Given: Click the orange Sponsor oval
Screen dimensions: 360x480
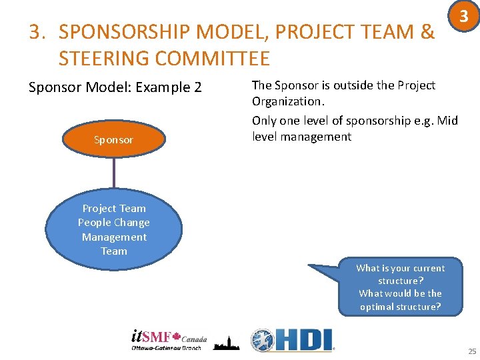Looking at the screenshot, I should point(113,140).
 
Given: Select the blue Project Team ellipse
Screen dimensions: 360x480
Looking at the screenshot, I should point(113,229).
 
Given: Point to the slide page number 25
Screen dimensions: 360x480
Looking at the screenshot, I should point(472,351).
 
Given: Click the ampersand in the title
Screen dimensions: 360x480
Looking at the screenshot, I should point(427,32).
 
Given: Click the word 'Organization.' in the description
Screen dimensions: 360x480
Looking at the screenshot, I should point(286,101).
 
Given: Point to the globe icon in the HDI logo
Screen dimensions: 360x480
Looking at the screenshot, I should point(262,340).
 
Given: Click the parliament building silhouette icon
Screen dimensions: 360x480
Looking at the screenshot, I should point(226,342).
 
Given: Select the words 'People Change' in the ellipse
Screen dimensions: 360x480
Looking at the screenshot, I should point(113,223).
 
